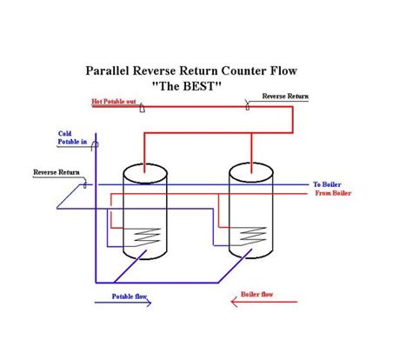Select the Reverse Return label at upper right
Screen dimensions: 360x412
click(x=284, y=97)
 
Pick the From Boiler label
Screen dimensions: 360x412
click(x=331, y=193)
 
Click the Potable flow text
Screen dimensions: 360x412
click(x=130, y=297)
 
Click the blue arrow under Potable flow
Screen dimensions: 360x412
click(x=122, y=305)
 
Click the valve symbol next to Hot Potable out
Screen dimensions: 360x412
click(x=155, y=108)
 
